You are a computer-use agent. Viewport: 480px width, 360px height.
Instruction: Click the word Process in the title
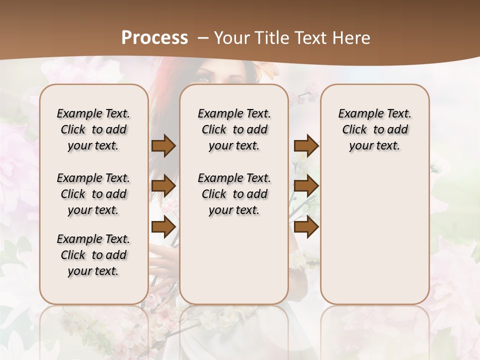tap(154, 38)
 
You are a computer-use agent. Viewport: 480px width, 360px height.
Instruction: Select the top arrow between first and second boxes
tap(163, 145)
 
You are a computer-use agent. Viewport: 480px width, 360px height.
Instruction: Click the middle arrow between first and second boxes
tap(163, 186)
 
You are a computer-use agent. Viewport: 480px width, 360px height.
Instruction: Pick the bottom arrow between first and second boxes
tap(163, 227)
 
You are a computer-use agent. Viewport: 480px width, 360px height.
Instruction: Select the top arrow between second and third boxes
tap(306, 145)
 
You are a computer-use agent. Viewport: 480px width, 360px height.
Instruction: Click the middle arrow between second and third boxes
tap(306, 186)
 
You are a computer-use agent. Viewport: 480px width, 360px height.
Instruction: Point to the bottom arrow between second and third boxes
tap(306, 227)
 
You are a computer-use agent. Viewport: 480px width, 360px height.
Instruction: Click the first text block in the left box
tap(93, 129)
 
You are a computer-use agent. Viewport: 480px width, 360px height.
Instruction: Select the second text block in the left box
tap(93, 194)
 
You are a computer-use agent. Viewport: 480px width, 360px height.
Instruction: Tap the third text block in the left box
tap(93, 255)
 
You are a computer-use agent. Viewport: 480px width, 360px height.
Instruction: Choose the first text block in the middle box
tap(234, 129)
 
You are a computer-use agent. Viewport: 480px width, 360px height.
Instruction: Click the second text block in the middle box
tap(234, 194)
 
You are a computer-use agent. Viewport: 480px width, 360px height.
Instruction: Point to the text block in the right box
tap(374, 129)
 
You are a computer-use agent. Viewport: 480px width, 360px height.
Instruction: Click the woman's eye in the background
tap(204, 78)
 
